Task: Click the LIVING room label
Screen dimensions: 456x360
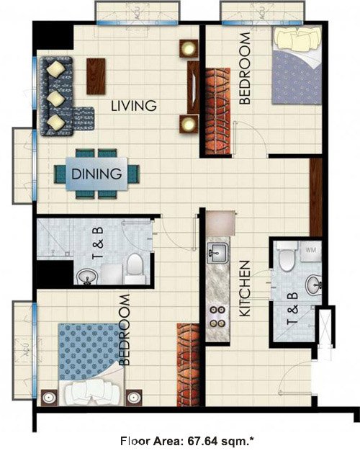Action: pyautogui.click(x=134, y=106)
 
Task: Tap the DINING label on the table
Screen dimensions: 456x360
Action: pyautogui.click(x=96, y=173)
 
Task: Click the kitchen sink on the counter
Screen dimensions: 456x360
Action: pyautogui.click(x=215, y=252)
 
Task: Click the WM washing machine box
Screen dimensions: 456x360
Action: pyautogui.click(x=311, y=250)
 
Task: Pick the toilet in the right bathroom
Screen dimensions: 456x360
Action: pyautogui.click(x=287, y=258)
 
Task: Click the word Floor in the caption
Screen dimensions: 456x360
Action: pyautogui.click(x=135, y=441)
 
